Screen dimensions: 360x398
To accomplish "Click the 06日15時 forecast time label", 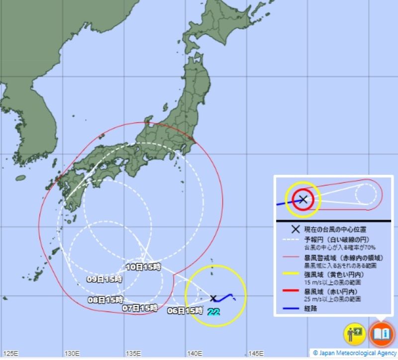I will pyautogui.click(x=185, y=311).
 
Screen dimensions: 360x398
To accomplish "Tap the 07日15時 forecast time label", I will pyautogui.click(x=140, y=308).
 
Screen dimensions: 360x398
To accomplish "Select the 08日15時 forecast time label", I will pyautogui.click(x=105, y=300).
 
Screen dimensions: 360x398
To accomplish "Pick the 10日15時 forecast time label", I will pyautogui.click(x=143, y=266).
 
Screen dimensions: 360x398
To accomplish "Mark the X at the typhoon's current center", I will pyautogui.click(x=213, y=298).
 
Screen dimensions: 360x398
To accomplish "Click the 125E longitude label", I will pyautogui.click(x=11, y=354).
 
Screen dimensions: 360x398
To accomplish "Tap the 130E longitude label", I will pyautogui.click(x=72, y=354).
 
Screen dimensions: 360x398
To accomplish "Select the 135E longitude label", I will pyautogui.click(x=133, y=354).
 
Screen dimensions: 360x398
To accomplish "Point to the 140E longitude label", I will pyautogui.click(x=195, y=354).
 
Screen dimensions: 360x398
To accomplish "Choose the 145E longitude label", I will pyautogui.click(x=256, y=354).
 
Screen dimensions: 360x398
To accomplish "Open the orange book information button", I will pyautogui.click(x=381, y=333).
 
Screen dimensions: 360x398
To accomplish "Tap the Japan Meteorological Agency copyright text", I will pyautogui.click(x=355, y=353).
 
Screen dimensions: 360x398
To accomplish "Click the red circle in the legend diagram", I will pyautogui.click(x=302, y=200).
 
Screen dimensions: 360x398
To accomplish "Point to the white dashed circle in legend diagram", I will pyautogui.click(x=367, y=193).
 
